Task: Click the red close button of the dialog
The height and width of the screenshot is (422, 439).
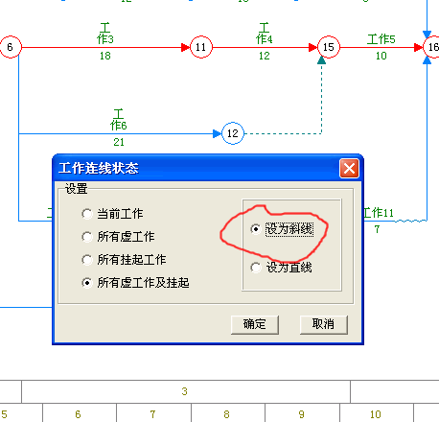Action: tap(349, 168)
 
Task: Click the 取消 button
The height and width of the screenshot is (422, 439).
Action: tap(323, 324)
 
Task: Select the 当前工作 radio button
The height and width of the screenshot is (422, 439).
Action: tap(87, 214)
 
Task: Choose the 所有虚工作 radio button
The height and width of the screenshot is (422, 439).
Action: tap(87, 237)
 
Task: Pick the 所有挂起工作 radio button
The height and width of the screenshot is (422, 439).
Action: tap(87, 260)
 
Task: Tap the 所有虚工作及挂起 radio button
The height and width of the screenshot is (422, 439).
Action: tap(87, 283)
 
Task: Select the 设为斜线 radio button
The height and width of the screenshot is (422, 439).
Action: tap(256, 229)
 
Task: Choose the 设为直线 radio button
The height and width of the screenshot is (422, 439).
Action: tap(256, 268)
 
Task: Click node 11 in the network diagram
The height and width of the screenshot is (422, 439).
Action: tap(201, 47)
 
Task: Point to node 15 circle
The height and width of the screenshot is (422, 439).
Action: tap(329, 47)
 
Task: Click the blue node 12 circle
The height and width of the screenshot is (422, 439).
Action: tap(233, 133)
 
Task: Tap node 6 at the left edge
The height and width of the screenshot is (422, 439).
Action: tap(11, 47)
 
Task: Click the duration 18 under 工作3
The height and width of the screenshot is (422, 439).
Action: tap(105, 56)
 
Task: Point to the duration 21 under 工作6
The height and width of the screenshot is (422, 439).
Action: tap(119, 142)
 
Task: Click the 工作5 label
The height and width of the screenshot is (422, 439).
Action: tap(381, 39)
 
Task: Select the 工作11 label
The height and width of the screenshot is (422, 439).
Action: tap(379, 213)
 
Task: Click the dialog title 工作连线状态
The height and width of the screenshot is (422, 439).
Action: tap(99, 168)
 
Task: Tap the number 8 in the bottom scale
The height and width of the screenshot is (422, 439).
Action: tap(226, 414)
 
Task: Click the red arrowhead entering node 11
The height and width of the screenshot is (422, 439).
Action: tap(186, 47)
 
